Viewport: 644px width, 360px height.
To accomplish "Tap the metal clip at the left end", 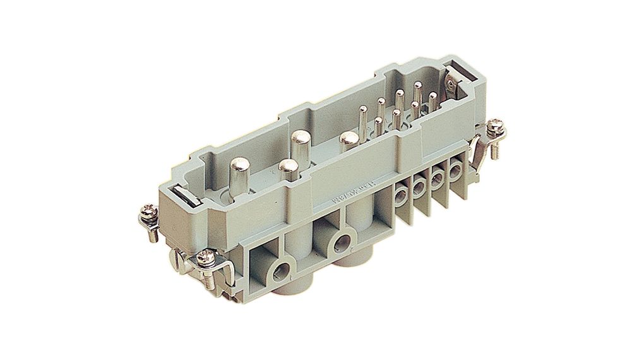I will (184, 196).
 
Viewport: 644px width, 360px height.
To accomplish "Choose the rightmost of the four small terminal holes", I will (455, 170).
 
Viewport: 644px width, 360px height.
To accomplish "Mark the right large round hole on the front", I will (343, 241).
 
